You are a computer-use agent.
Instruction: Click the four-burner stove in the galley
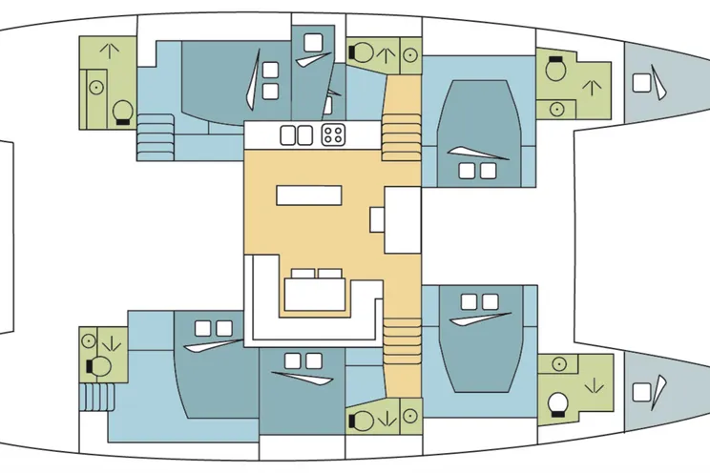(333, 135)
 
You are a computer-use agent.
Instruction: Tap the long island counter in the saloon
(309, 195)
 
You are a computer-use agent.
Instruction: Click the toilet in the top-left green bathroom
(122, 113)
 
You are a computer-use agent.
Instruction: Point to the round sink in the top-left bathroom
(96, 86)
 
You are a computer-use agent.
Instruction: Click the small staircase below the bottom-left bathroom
(95, 396)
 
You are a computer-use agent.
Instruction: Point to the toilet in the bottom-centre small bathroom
(364, 418)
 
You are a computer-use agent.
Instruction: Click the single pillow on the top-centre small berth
(312, 42)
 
